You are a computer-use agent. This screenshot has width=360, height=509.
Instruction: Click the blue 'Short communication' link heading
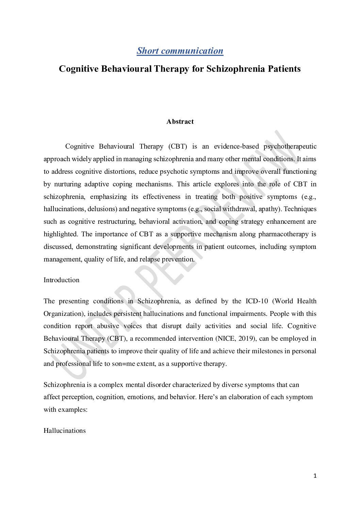tap(180, 51)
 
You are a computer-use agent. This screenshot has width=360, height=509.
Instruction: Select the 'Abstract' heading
tap(180, 122)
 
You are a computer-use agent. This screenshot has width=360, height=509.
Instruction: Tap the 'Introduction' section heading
tap(61, 280)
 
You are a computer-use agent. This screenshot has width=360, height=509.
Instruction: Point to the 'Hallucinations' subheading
tap(65, 431)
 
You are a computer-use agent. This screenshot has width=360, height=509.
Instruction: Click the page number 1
tap(315, 476)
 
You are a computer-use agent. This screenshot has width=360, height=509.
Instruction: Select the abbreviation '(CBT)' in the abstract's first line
tap(178, 147)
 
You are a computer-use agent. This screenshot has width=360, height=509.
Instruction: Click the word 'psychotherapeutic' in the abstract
tap(290, 147)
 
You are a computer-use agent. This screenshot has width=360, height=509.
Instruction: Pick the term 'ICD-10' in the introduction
tap(257, 301)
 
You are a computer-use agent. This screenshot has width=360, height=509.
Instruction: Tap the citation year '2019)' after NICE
tap(247, 339)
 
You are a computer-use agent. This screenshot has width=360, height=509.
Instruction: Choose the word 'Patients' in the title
tap(284, 69)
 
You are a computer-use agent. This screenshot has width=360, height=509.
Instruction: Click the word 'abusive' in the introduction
tap(108, 326)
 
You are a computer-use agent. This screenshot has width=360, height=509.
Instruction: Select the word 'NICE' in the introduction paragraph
tap(226, 339)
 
